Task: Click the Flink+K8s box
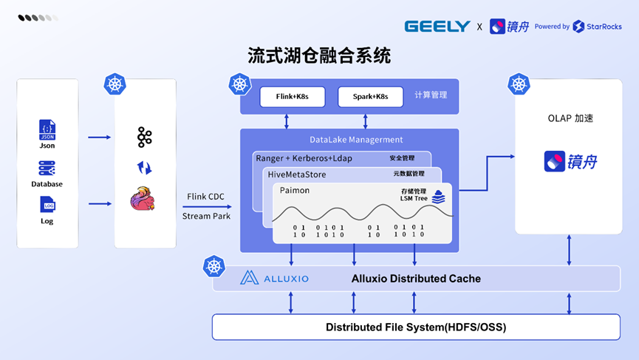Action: coord(293,97)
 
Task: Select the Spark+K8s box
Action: coord(370,97)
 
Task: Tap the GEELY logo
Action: coord(437,27)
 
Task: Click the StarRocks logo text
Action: coord(604,27)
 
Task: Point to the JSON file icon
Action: coord(47,130)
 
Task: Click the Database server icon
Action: coord(47,168)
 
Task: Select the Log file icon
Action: coord(48,204)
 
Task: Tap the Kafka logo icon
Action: coord(144,137)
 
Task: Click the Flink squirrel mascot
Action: coord(143,199)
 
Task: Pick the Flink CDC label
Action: coord(205,197)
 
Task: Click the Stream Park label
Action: coord(206,216)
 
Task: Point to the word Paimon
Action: coord(295,191)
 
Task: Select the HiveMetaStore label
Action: coord(297,174)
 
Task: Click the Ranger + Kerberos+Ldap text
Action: coord(304,158)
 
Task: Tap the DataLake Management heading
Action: coord(356,140)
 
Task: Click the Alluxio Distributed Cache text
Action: coord(416,279)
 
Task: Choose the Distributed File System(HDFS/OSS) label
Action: coord(416,327)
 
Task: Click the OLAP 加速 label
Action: coord(570,118)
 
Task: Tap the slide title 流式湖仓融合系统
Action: coord(319,56)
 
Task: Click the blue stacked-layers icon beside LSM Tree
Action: coord(439,197)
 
